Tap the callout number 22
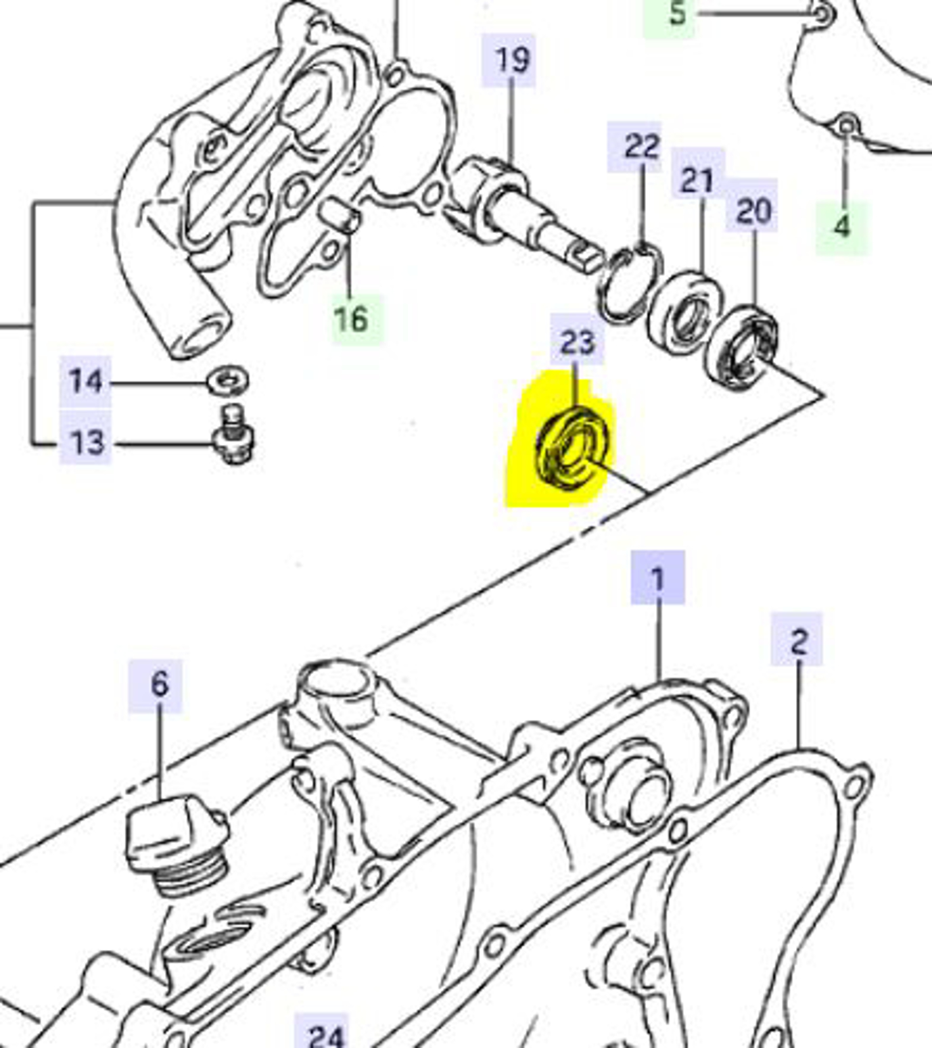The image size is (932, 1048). point(640,147)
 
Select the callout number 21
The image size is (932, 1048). point(697,181)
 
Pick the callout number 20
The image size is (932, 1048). point(752,212)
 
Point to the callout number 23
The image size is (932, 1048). point(577,341)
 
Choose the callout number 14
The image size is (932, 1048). point(86,381)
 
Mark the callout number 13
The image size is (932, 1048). point(86,443)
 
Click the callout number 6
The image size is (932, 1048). point(158,684)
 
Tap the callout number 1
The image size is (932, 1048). point(657,578)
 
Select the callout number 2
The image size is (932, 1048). point(798,640)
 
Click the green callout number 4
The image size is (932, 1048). point(841,227)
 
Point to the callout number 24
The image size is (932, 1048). point(326,1034)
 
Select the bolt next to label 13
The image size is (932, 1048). point(233,436)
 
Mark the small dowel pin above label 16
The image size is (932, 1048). point(339,214)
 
